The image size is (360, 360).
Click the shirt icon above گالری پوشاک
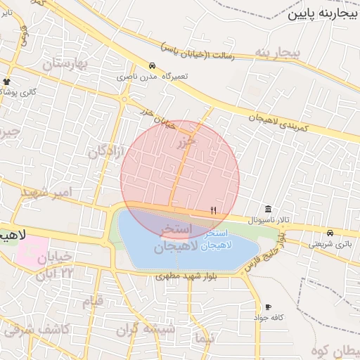click(7, 82)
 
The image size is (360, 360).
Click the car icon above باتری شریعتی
click(330, 233)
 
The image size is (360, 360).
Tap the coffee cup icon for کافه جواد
click(268, 307)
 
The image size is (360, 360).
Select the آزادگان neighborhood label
click(108, 150)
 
